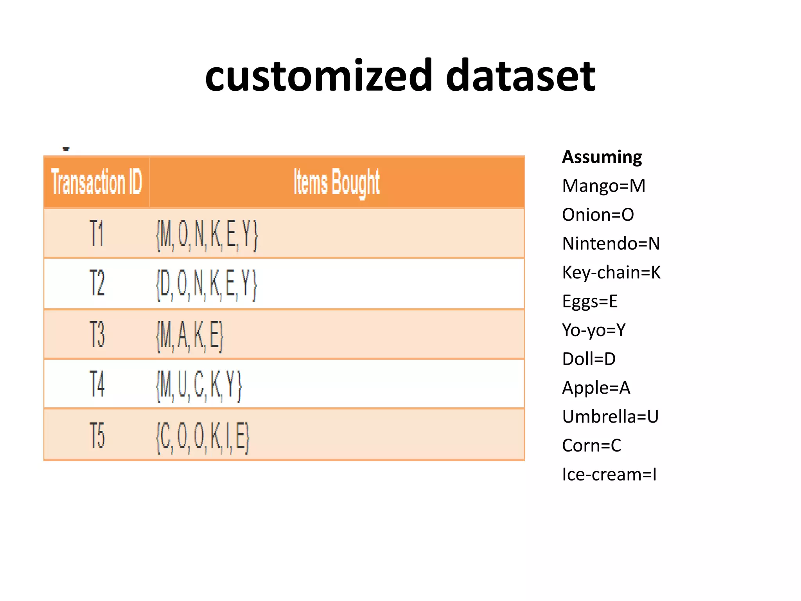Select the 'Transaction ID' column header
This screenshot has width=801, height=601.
tap(96, 182)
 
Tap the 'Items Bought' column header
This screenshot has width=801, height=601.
tap(336, 182)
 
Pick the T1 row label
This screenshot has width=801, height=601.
tap(97, 233)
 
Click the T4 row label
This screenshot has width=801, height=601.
tap(97, 384)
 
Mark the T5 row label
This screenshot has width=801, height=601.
tap(97, 435)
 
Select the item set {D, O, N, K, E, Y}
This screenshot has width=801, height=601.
tap(207, 284)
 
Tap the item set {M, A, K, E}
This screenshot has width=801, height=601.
tap(190, 336)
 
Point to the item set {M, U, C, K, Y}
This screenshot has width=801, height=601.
tap(199, 386)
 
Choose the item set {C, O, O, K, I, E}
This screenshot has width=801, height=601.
tap(203, 437)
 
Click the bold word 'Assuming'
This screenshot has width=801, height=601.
tap(602, 157)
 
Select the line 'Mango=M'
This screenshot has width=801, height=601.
tap(603, 186)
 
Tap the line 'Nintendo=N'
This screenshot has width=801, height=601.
tap(611, 243)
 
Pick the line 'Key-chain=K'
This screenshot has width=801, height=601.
tap(611, 272)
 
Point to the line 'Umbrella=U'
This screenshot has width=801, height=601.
tap(610, 416)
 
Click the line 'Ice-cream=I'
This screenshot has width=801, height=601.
tap(609, 474)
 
